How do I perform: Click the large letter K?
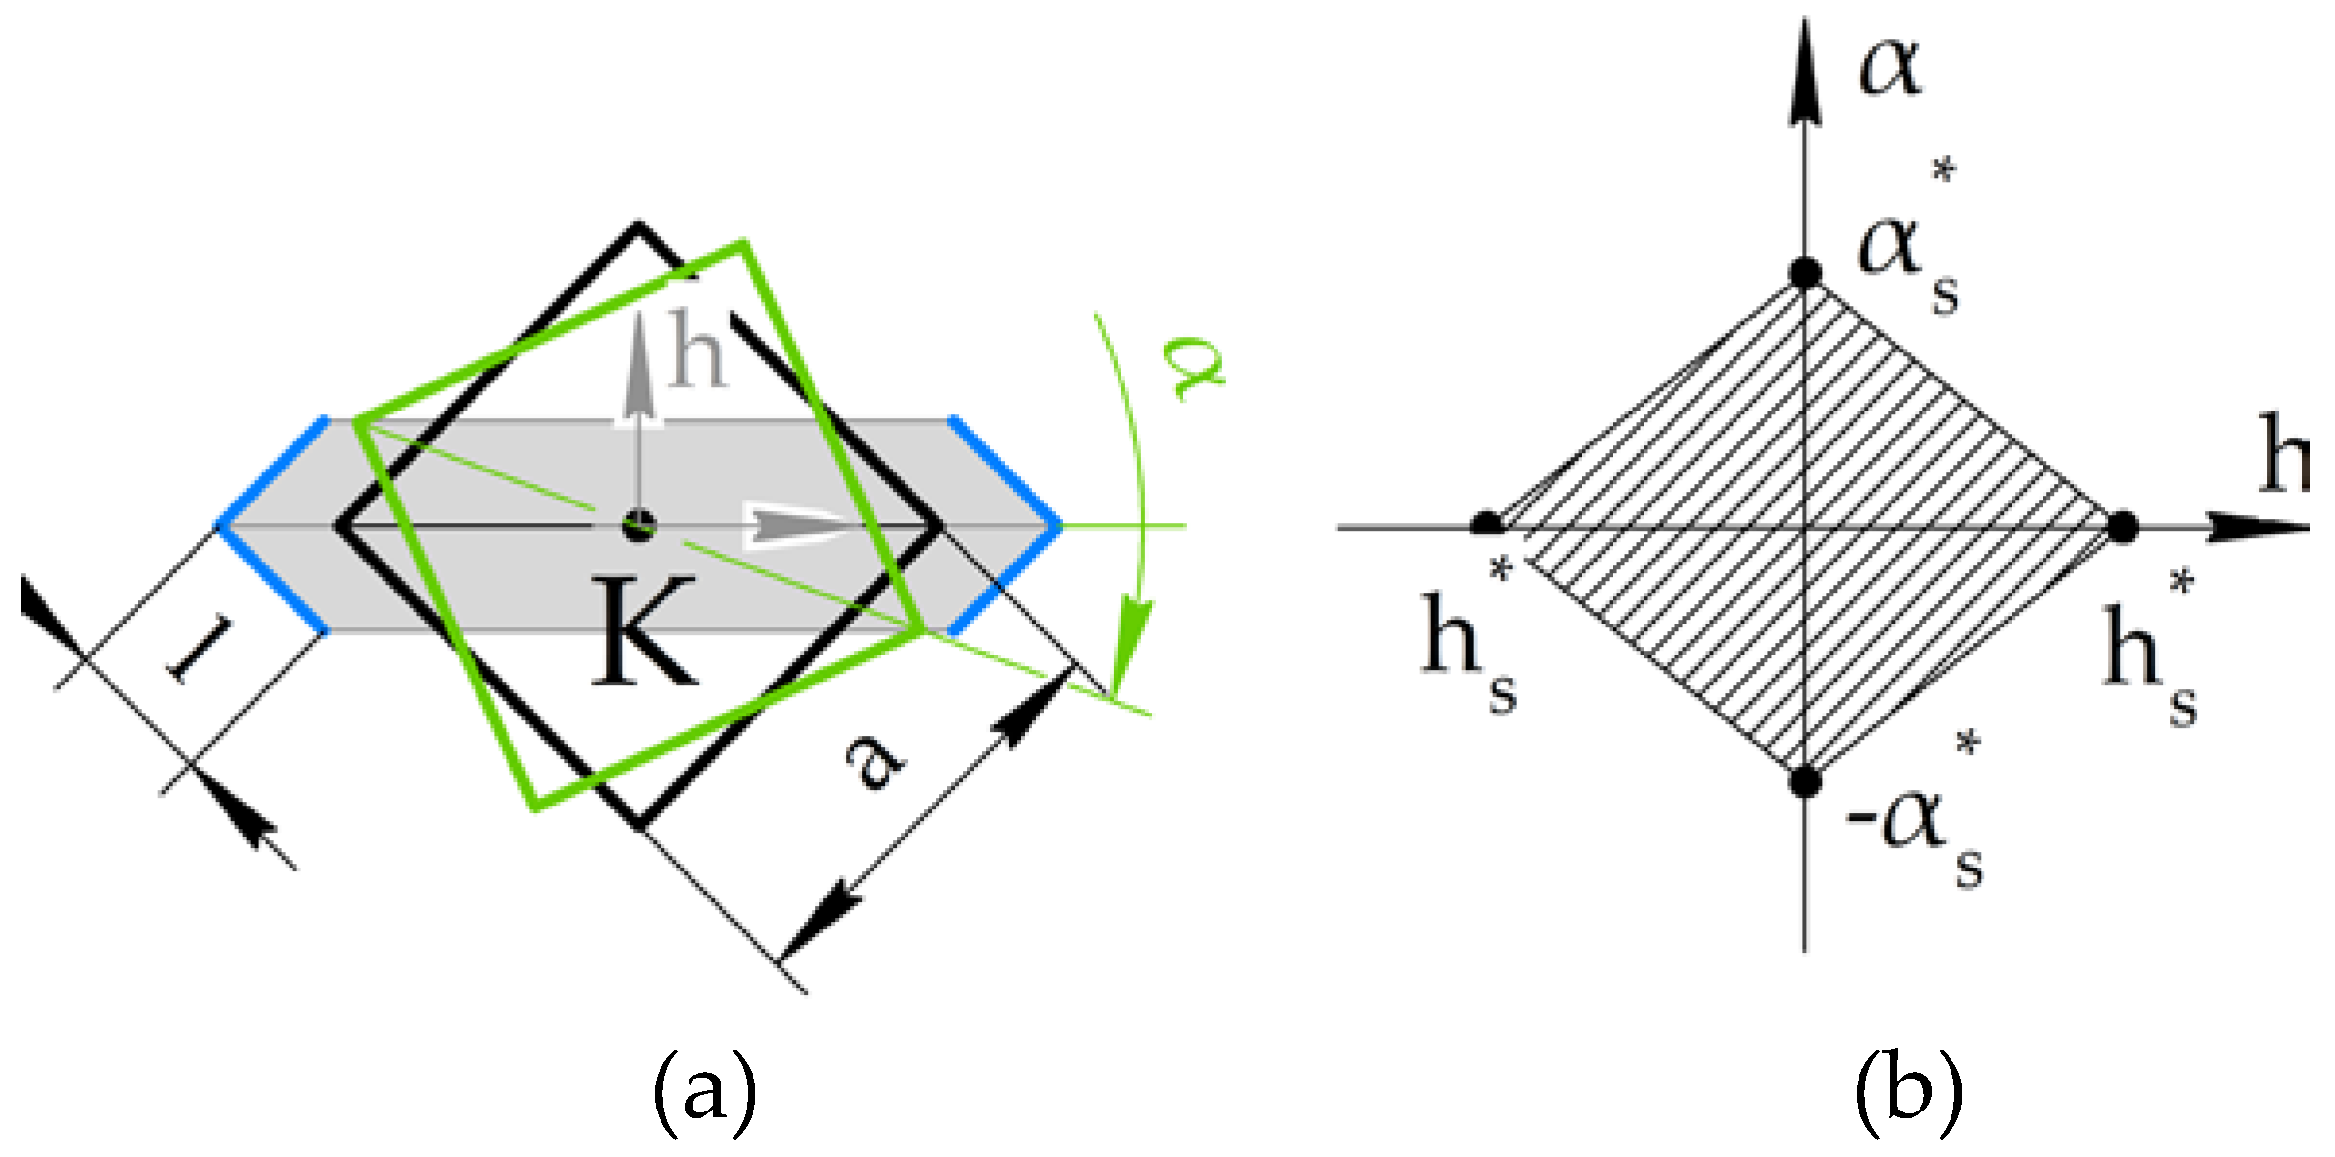click(x=643, y=631)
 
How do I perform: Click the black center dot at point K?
click(x=639, y=527)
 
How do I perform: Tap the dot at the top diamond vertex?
click(x=1803, y=273)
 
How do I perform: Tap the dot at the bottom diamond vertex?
click(x=1803, y=780)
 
